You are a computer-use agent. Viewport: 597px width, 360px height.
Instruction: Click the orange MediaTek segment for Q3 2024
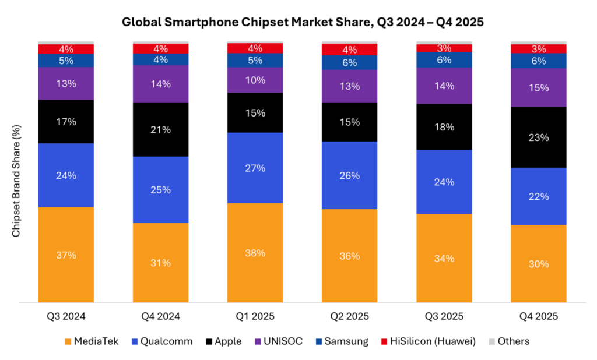pyautogui.click(x=66, y=255)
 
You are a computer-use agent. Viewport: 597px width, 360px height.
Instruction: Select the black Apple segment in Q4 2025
pyautogui.click(x=539, y=137)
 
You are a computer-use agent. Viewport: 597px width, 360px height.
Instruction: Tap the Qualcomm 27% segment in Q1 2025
pyautogui.click(x=255, y=168)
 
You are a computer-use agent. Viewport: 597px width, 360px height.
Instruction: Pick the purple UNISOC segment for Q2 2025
pyautogui.click(x=350, y=86)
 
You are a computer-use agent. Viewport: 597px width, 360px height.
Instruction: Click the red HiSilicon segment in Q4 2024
pyautogui.click(x=160, y=48)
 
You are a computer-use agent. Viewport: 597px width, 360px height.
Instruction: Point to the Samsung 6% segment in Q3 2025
pyautogui.click(x=444, y=59)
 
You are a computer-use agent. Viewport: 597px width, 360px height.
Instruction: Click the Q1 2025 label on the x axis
pyautogui.click(x=255, y=317)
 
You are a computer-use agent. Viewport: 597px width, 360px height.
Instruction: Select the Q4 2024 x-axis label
pyautogui.click(x=160, y=317)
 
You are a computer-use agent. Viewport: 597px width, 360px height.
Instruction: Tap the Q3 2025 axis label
pyautogui.click(x=444, y=317)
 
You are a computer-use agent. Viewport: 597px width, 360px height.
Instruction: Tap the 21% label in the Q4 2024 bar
pyautogui.click(x=160, y=129)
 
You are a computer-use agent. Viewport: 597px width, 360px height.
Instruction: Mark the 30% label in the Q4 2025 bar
pyautogui.click(x=539, y=264)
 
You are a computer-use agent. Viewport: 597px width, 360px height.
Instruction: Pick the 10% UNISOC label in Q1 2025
pyautogui.click(x=255, y=80)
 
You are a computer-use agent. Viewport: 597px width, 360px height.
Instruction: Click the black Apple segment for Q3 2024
pyautogui.click(x=66, y=121)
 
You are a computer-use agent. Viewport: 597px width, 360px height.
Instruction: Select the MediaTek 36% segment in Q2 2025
pyautogui.click(x=350, y=256)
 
